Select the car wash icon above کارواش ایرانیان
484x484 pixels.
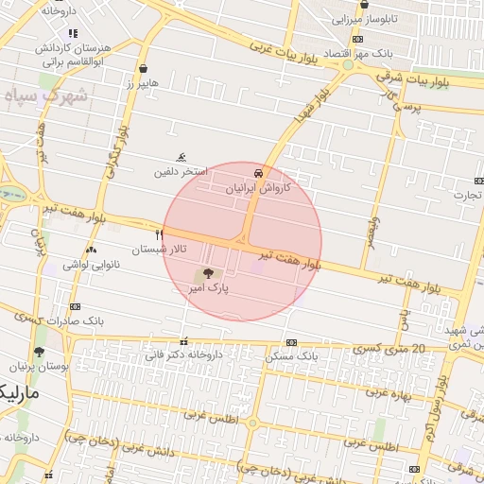[x=258, y=174]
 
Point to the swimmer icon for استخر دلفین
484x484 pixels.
[x=181, y=159]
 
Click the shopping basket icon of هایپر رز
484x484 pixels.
[x=142, y=68]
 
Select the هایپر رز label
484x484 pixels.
[x=143, y=84]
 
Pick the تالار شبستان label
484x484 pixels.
[x=159, y=249]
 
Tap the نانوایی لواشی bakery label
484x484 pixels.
[x=92, y=265]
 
